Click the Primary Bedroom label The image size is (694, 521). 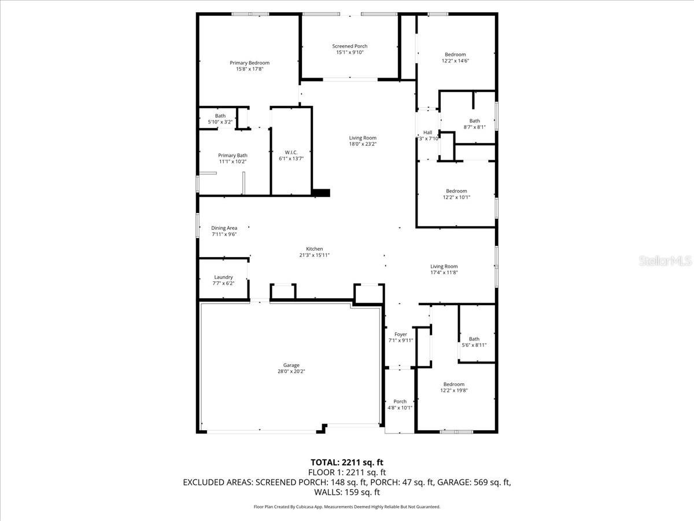click(x=249, y=63)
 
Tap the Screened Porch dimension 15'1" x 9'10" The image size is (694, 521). click(x=349, y=53)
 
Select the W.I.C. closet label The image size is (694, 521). click(x=291, y=152)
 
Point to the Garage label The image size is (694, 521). click(x=291, y=365)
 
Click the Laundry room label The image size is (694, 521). click(x=223, y=277)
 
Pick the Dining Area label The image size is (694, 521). click(x=224, y=228)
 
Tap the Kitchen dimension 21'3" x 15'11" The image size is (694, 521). click(x=315, y=255)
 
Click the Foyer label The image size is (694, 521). click(x=400, y=335)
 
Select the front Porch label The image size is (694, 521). click(x=400, y=401)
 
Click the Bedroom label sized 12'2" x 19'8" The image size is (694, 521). click(x=453, y=384)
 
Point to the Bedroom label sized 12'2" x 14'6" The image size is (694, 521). click(x=455, y=54)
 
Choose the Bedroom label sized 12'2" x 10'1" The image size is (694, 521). click(x=456, y=191)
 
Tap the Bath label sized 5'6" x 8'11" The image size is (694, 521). click(x=474, y=339)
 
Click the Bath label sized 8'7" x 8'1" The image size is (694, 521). click(x=474, y=121)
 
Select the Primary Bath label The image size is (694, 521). click(x=232, y=155)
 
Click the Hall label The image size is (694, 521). click(x=427, y=133)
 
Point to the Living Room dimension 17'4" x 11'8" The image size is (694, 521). click(x=444, y=273)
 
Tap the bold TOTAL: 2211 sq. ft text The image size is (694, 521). click(x=347, y=462)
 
